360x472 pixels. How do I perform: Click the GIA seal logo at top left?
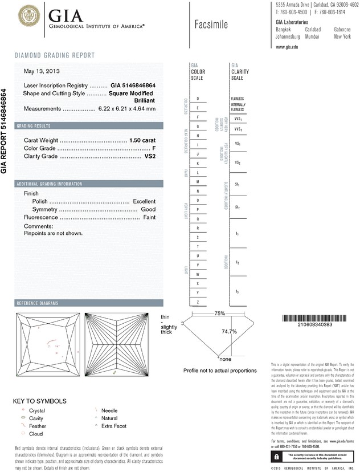point(30,18)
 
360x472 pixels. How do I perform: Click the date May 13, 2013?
point(41,71)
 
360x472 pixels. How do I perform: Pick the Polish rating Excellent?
point(144,202)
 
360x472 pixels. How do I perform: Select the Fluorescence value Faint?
point(149,218)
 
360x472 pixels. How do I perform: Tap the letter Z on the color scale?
point(198,302)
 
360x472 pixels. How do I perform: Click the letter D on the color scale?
point(198,99)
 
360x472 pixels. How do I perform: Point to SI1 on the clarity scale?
point(237,185)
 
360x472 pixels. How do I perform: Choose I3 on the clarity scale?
point(237,291)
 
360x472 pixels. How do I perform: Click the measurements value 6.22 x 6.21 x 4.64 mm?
point(126,108)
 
